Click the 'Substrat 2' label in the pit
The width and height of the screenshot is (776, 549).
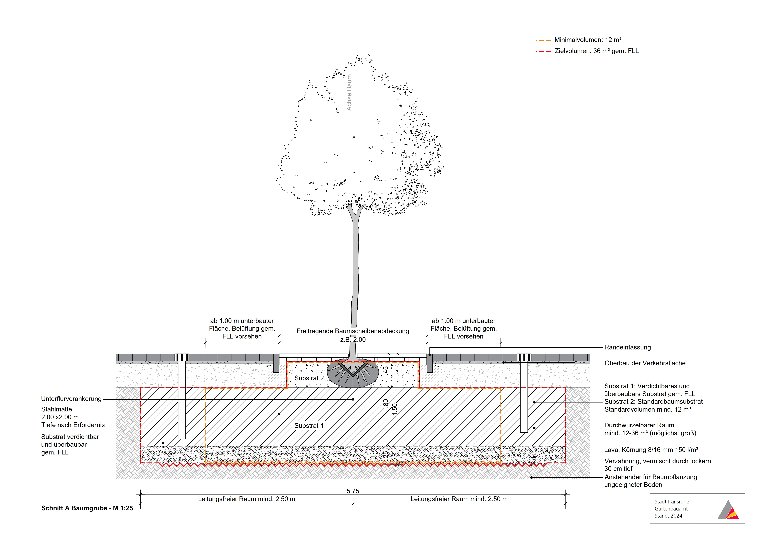click(x=309, y=378)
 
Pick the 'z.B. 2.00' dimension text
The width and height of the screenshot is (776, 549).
click(x=353, y=340)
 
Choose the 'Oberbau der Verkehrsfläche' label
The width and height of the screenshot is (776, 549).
click(x=645, y=363)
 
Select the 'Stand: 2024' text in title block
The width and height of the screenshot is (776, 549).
click(x=669, y=516)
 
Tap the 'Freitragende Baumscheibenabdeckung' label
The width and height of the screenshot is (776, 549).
click(x=353, y=331)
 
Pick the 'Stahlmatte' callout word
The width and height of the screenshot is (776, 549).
click(x=56, y=409)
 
